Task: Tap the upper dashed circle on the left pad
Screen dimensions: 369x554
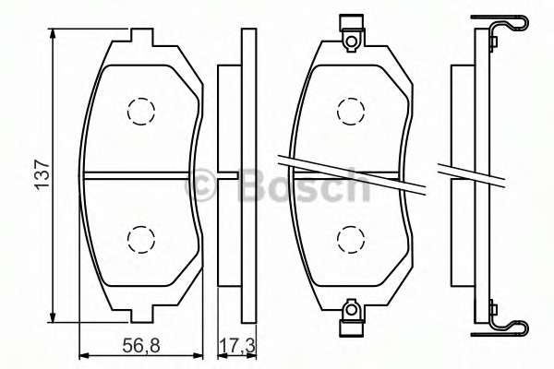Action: [x=139, y=112]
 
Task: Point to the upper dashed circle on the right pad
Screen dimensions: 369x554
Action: [x=350, y=112]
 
